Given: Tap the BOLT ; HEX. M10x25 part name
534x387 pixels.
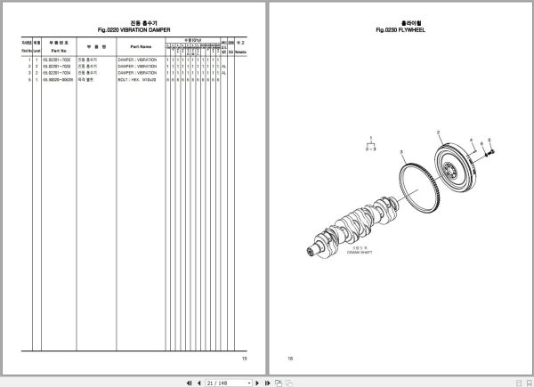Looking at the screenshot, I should [139, 79].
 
